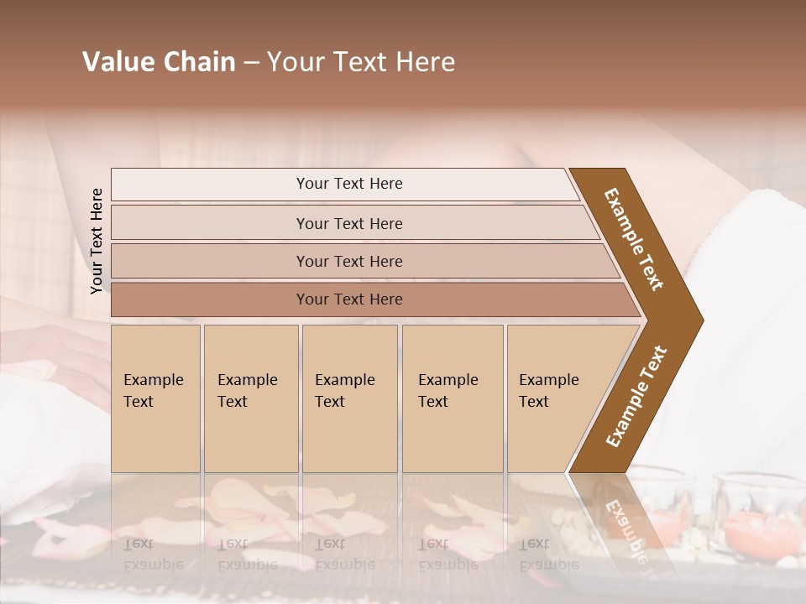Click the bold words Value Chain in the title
click(x=159, y=62)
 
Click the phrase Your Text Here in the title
click(x=361, y=62)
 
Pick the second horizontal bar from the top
click(x=349, y=223)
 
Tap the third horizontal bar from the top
click(x=349, y=261)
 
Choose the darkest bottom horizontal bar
click(x=349, y=299)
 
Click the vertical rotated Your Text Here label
click(x=97, y=242)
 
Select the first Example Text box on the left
click(x=155, y=398)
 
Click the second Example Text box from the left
click(x=250, y=398)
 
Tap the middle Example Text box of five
click(x=349, y=398)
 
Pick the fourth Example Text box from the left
click(x=452, y=398)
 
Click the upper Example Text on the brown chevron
click(x=634, y=238)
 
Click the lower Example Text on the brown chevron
click(x=636, y=396)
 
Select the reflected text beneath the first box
click(x=153, y=554)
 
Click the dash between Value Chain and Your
click(x=251, y=63)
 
